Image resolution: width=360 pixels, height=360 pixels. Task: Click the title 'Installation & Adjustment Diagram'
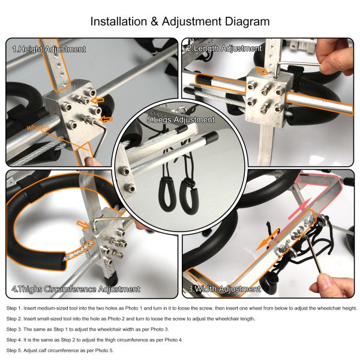point(179,22)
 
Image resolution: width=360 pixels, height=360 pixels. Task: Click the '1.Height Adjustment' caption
point(49,49)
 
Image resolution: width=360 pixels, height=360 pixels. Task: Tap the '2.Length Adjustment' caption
point(224,49)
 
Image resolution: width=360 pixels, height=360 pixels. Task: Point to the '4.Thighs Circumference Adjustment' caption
point(76,289)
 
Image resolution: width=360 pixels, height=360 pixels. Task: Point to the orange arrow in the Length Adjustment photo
point(262,71)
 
